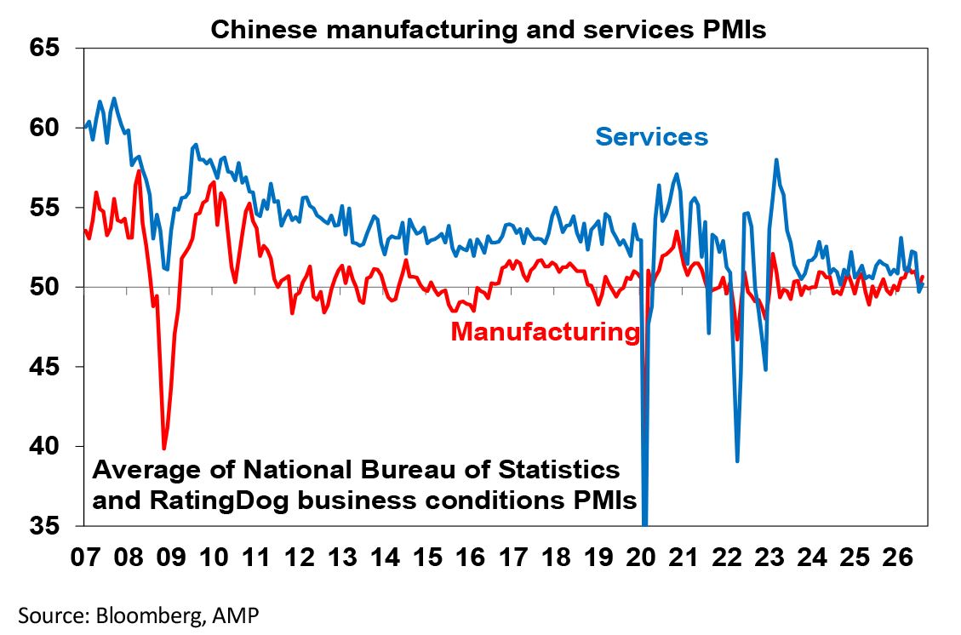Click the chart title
click(x=489, y=29)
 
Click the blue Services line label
click(x=651, y=137)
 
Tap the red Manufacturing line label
click(x=546, y=332)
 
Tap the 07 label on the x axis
click(x=86, y=558)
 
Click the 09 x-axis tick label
click(x=171, y=558)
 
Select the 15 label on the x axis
click(x=428, y=558)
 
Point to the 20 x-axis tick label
click(x=642, y=558)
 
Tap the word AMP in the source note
click(x=235, y=615)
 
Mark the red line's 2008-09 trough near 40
click(x=163, y=449)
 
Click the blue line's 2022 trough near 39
click(x=736, y=461)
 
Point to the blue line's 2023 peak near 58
click(x=776, y=160)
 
